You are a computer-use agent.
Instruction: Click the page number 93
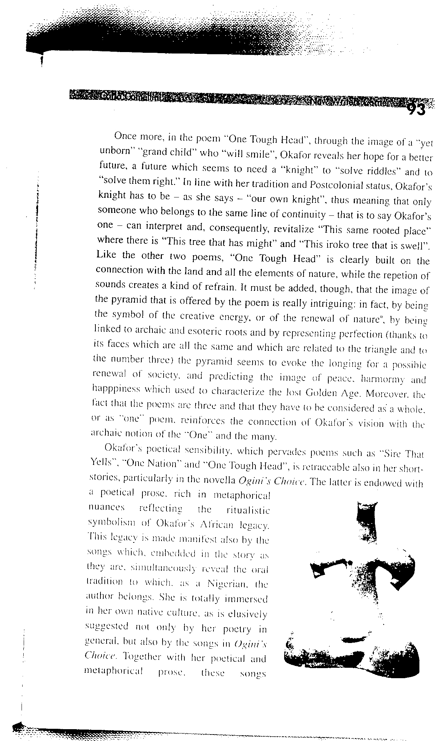pyautogui.click(x=416, y=109)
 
